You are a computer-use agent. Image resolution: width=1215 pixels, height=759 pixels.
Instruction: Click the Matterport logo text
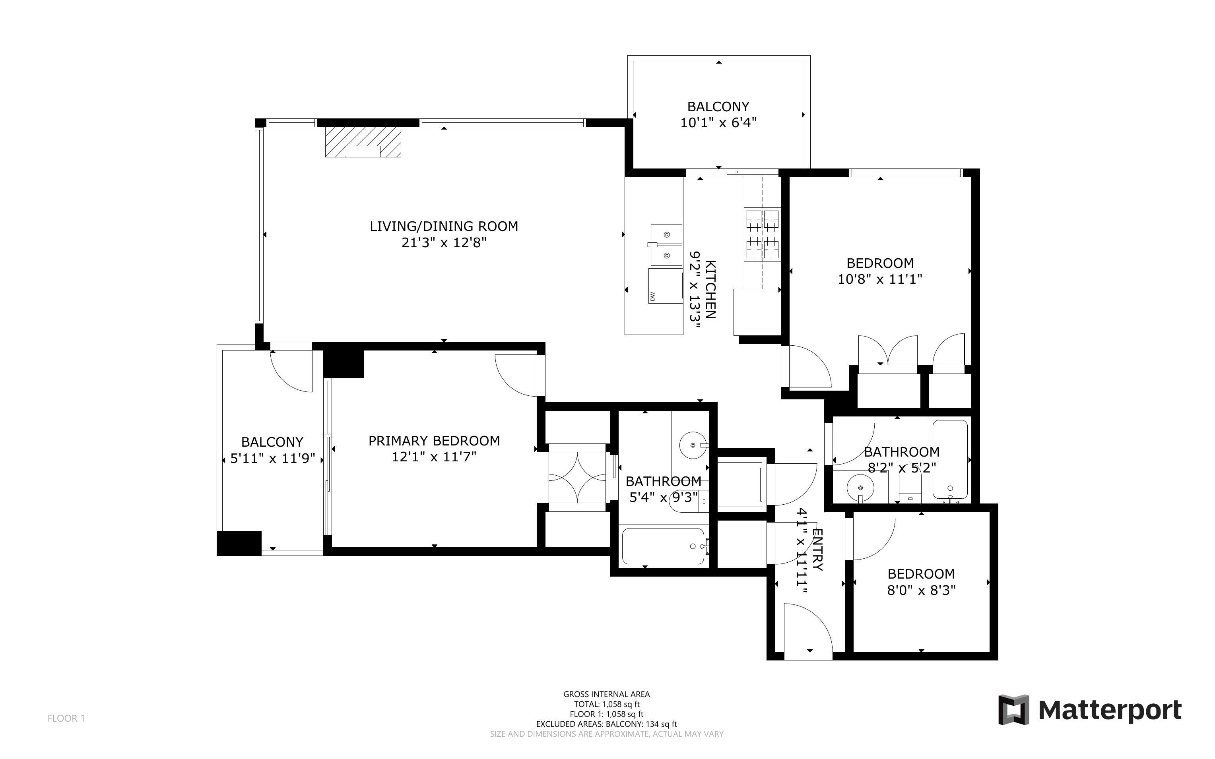[x=1110, y=710]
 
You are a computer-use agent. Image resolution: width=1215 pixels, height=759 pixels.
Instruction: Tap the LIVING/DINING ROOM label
[x=444, y=227]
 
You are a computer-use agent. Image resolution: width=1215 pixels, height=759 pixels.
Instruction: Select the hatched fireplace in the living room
[x=363, y=142]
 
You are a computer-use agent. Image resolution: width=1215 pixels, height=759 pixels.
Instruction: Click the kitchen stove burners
[x=762, y=234]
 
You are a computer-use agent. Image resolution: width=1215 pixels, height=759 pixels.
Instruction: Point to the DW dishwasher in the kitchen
[x=665, y=286]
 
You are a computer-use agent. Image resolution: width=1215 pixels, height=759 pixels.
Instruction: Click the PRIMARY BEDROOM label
[x=434, y=441]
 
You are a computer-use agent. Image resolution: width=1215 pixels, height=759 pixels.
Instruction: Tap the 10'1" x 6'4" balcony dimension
[x=718, y=122]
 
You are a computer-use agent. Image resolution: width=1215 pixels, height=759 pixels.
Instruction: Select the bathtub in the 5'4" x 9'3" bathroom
[x=664, y=546]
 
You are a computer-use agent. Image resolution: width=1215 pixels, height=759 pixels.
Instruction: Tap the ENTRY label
[x=817, y=550]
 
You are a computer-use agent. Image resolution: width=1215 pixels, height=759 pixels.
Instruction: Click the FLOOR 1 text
[x=66, y=718]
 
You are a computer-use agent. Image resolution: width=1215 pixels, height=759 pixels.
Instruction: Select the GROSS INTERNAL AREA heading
[x=606, y=694]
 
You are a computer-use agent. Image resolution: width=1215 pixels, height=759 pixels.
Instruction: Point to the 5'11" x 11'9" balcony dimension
[x=273, y=458]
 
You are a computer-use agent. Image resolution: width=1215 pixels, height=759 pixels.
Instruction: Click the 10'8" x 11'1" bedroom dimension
[x=880, y=279]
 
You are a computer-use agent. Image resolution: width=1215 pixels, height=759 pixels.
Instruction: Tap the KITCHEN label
[x=710, y=290]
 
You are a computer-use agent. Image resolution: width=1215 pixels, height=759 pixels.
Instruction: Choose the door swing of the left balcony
[x=291, y=370]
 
